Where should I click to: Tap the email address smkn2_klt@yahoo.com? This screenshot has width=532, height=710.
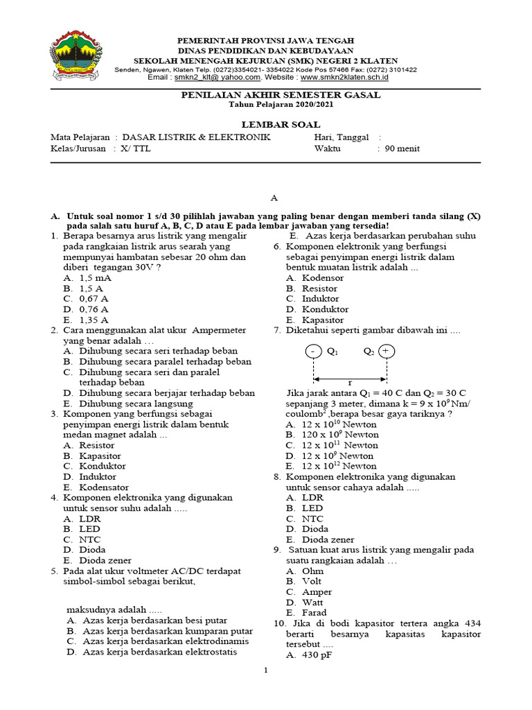(x=207, y=78)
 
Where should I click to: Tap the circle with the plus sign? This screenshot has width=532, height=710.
(x=387, y=352)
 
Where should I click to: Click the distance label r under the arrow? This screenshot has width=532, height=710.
(x=350, y=383)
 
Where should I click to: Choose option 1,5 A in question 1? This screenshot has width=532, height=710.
(x=91, y=288)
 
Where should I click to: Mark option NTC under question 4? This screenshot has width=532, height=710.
(x=90, y=539)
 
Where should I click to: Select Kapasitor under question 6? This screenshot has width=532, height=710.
(x=322, y=320)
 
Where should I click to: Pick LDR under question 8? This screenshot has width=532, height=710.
(x=313, y=498)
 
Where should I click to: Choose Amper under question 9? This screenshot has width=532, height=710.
(x=317, y=592)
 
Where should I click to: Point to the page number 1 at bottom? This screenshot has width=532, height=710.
(x=265, y=671)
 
